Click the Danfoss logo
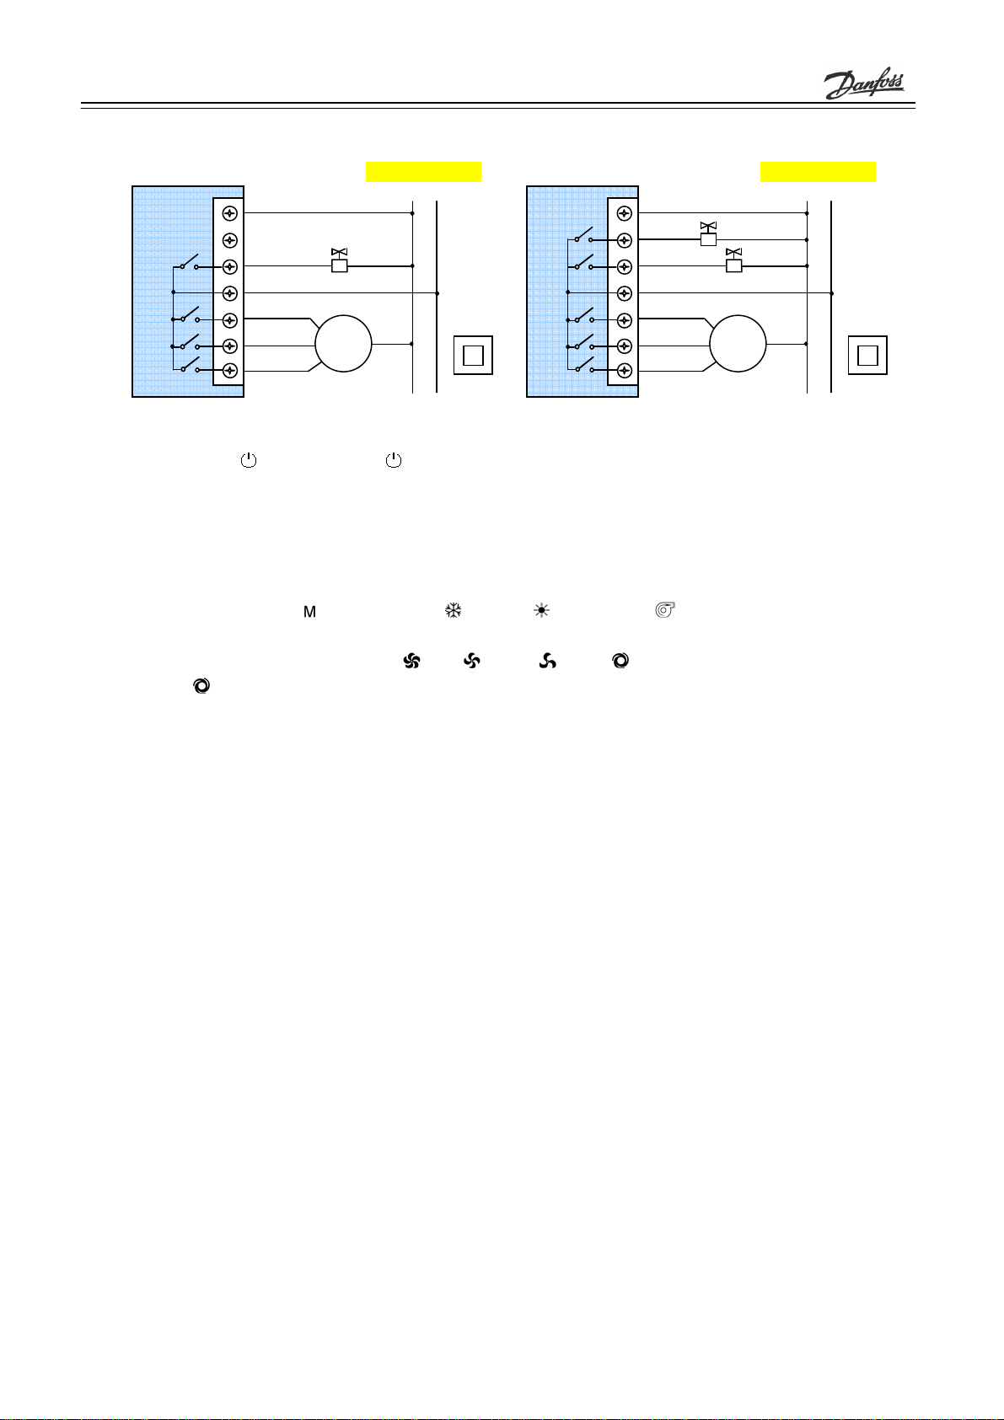(x=864, y=83)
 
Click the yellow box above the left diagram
(x=424, y=172)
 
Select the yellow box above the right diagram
(x=819, y=172)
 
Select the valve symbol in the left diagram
(x=340, y=260)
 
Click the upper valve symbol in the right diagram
(x=708, y=234)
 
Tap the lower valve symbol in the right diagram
(x=733, y=260)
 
